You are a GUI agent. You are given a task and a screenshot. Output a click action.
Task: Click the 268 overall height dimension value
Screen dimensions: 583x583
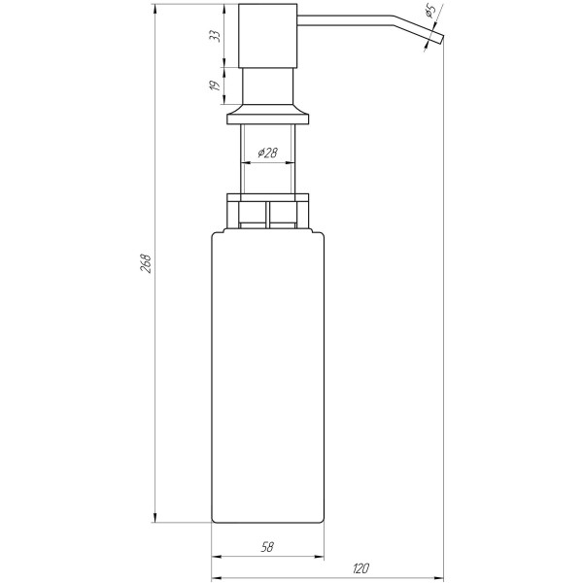click(x=145, y=263)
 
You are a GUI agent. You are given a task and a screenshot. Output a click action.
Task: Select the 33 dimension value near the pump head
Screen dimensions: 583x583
click(x=216, y=36)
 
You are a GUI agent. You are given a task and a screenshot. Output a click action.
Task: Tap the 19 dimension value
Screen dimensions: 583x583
click(x=216, y=86)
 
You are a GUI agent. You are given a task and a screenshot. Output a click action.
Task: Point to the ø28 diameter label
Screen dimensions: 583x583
click(x=268, y=154)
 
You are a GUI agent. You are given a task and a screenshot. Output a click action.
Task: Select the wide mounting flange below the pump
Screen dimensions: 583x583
click(x=268, y=118)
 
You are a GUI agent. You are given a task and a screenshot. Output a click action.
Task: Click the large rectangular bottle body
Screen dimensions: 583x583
click(x=267, y=379)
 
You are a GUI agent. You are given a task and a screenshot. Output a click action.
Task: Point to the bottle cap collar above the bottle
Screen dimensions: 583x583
click(x=267, y=209)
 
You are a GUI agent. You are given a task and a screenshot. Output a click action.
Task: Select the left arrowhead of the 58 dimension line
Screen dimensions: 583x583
click(x=217, y=558)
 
